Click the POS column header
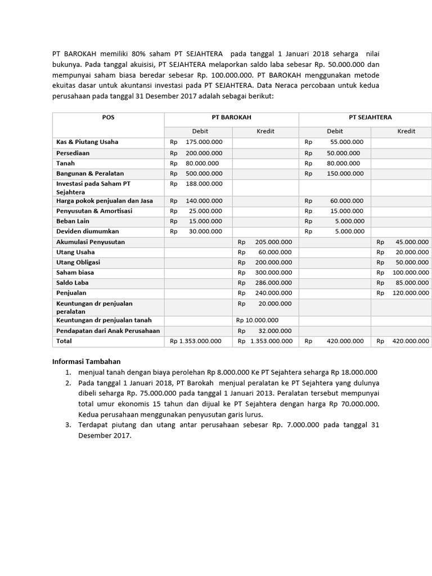[x=108, y=118]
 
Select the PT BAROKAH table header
[x=231, y=118]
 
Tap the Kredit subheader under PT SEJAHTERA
[x=406, y=131]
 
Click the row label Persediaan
[x=73, y=153]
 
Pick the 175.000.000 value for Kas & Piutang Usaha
[x=204, y=142]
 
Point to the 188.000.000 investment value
[x=204, y=183]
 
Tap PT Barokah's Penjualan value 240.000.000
[x=273, y=293]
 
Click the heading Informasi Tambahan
[x=86, y=362]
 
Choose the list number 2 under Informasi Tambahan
[x=67, y=383]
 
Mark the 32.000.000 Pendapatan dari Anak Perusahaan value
[x=273, y=331]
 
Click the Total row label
[x=64, y=341]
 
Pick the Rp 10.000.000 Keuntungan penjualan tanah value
[x=257, y=320]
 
